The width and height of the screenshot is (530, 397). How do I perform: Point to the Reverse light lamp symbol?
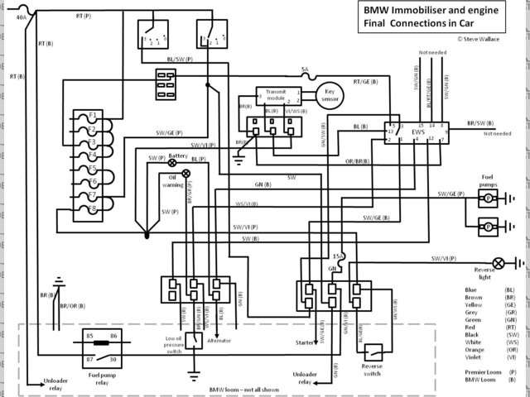499,263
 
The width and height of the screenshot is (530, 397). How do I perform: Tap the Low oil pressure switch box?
192,340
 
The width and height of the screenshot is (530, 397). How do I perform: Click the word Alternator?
219,340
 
